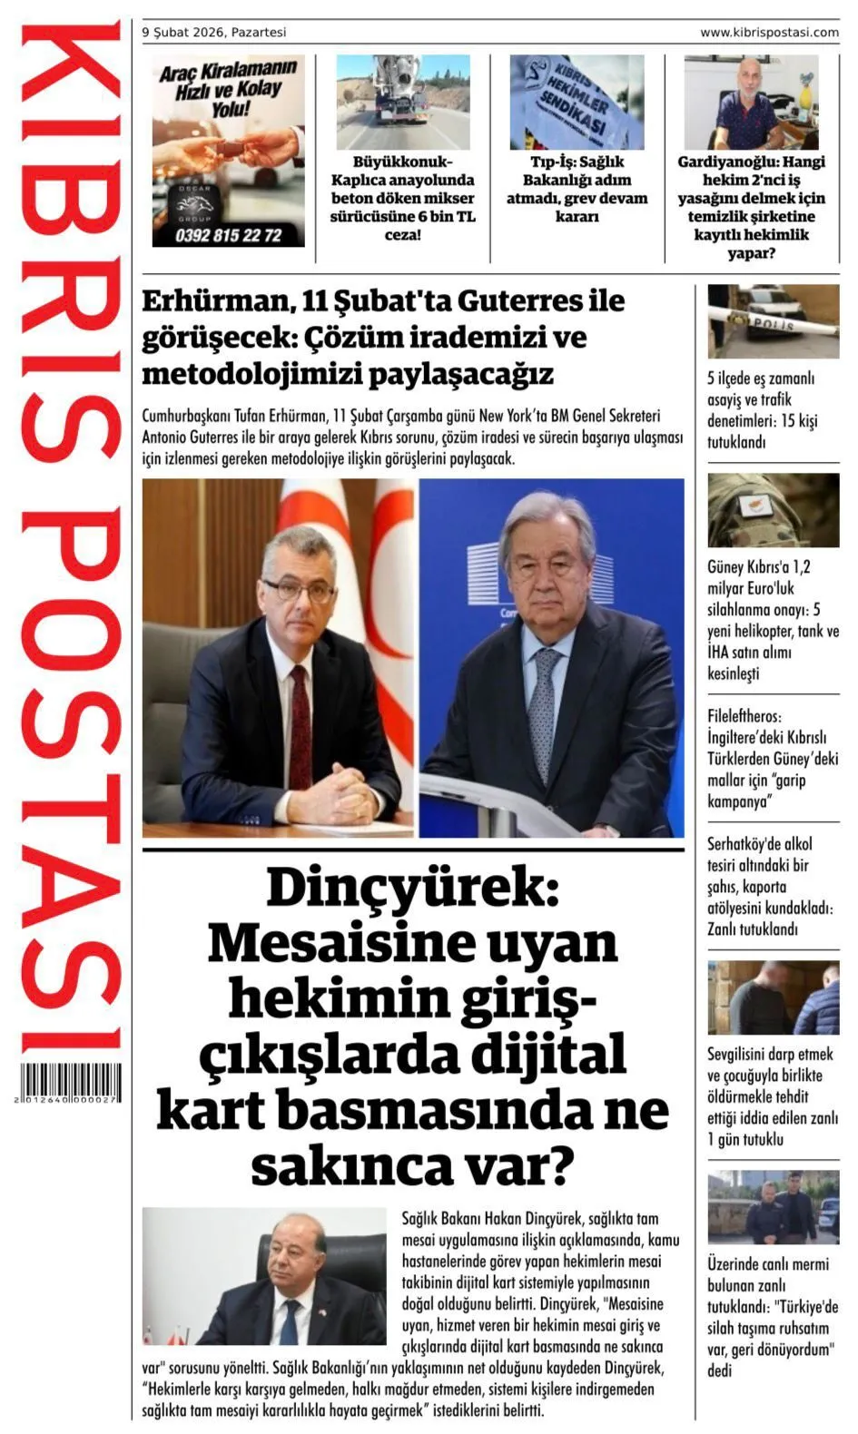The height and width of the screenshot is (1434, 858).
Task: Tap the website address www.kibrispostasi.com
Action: click(x=769, y=33)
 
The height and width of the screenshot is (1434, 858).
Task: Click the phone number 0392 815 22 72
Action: click(x=228, y=236)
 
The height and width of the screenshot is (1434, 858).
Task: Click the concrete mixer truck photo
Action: click(x=402, y=102)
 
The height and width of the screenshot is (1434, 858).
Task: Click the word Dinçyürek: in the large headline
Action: click(x=413, y=888)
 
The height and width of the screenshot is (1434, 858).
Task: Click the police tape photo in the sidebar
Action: click(x=773, y=321)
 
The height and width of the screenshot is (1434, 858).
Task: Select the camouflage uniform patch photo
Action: click(x=773, y=509)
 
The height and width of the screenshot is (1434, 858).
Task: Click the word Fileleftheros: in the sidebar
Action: click(x=745, y=716)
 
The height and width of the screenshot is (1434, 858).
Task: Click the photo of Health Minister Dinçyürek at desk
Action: click(x=264, y=1276)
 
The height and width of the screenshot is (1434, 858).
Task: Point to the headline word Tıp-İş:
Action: click(x=549, y=162)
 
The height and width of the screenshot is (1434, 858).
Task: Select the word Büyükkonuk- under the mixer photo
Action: click(x=402, y=162)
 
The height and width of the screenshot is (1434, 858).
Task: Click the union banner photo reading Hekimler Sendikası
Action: click(x=577, y=102)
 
